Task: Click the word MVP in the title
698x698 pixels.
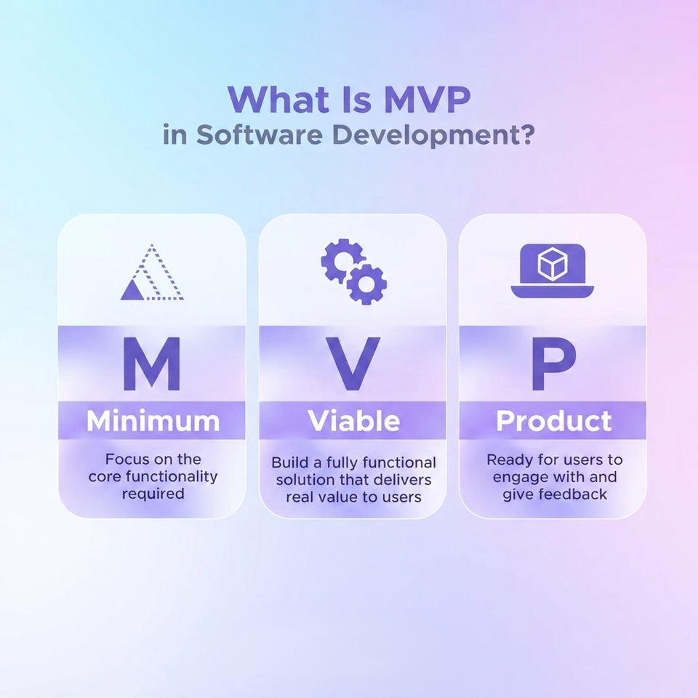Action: tap(427, 100)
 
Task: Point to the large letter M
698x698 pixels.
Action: tap(151, 364)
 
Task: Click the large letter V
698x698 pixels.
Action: tap(353, 364)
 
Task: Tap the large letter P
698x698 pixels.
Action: tap(554, 364)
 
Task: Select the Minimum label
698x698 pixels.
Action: tap(153, 421)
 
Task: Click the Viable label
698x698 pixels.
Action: tap(354, 421)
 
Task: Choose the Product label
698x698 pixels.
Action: tap(554, 421)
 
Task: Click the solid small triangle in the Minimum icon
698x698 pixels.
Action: tap(132, 290)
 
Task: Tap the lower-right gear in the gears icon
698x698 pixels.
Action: tap(366, 284)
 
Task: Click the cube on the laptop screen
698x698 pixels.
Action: tap(553, 263)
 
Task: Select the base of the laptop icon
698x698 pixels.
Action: tap(553, 292)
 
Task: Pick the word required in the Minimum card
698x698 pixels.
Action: tap(153, 494)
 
